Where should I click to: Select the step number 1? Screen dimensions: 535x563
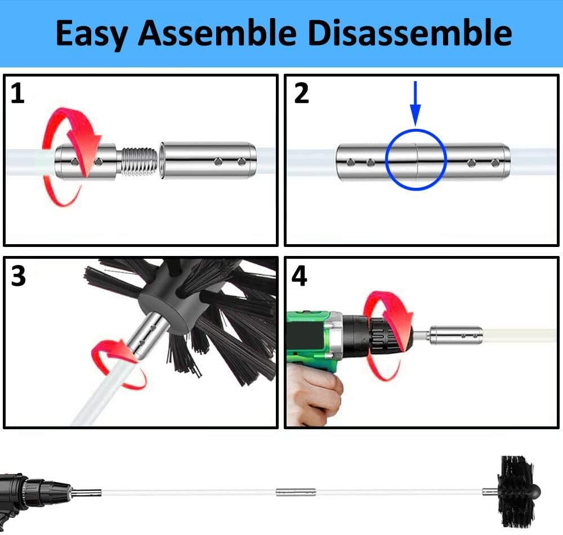[x=18, y=93]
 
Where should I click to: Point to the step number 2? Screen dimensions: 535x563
[x=302, y=93]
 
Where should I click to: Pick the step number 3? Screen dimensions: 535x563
[x=19, y=276]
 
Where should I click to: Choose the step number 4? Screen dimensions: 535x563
[x=300, y=276]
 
